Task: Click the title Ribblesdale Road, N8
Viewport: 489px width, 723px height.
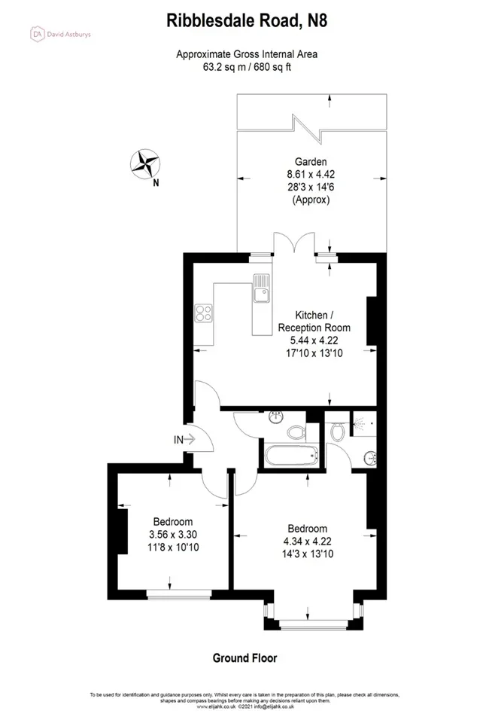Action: tap(247, 21)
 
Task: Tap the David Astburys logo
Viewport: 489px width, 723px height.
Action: tap(60, 34)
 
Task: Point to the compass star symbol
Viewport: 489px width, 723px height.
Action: tap(145, 163)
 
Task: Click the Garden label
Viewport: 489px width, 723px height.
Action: tap(311, 162)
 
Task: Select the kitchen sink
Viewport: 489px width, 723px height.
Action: tap(261, 288)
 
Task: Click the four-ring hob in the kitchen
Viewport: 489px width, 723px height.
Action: tap(203, 313)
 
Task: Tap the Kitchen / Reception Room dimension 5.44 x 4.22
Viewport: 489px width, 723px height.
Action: tap(314, 340)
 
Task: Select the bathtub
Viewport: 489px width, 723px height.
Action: tap(291, 456)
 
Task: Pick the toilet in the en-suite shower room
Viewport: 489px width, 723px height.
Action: tap(338, 432)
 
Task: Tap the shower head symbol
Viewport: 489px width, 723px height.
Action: tap(359, 422)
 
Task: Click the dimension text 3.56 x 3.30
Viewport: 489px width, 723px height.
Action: tap(173, 535)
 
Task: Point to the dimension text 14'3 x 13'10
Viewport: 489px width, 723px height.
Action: tap(308, 554)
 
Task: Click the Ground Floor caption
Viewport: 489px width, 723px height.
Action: tap(245, 658)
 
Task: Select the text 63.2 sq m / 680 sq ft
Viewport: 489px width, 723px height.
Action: tap(247, 67)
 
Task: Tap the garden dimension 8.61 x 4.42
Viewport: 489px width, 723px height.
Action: tap(311, 175)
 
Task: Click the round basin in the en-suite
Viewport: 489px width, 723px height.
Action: tap(370, 459)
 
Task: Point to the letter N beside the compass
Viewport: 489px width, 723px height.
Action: tap(156, 183)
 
